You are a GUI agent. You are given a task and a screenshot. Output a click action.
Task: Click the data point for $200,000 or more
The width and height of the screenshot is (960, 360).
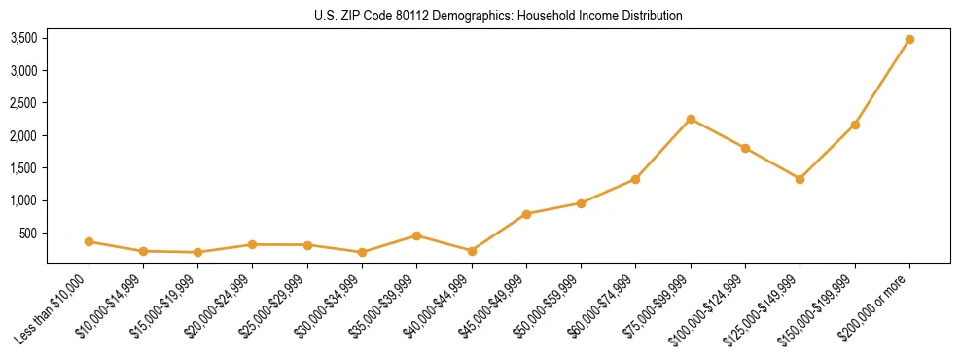(x=909, y=39)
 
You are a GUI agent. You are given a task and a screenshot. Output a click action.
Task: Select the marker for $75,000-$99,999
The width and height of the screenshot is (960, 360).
(x=691, y=119)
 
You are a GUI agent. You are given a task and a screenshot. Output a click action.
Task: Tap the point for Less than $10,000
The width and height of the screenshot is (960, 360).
(x=89, y=241)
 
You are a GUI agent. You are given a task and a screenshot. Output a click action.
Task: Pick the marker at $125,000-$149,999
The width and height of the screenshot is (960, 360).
(x=800, y=179)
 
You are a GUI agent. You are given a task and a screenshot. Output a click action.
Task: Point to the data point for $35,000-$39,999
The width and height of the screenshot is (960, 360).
(x=416, y=235)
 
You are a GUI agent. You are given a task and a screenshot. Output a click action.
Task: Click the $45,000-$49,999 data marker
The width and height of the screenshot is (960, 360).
(x=526, y=214)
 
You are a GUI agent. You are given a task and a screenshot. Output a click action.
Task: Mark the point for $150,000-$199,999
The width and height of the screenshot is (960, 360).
(x=855, y=125)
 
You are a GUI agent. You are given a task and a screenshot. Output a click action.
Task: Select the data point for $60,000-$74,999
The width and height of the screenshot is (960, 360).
(x=635, y=179)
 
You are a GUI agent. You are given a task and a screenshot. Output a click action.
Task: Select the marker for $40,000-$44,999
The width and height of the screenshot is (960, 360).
(x=472, y=251)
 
